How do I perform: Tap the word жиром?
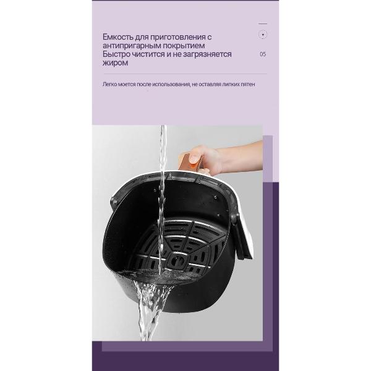[x=115, y=63]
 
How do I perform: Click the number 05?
[x=263, y=54]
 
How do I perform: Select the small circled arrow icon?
[x=263, y=35]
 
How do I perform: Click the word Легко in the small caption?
[x=109, y=84]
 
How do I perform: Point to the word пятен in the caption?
[x=248, y=84]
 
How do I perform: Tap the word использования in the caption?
[x=171, y=85]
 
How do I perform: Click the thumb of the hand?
[x=195, y=156]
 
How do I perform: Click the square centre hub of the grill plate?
[x=177, y=261]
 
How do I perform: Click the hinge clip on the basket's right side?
[x=235, y=219]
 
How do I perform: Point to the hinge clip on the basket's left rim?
[x=113, y=202]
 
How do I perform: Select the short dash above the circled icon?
[x=263, y=23]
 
